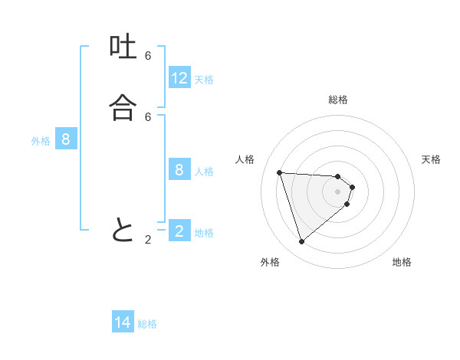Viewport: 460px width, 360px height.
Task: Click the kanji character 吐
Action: (x=123, y=49)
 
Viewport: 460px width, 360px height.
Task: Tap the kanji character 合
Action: (x=123, y=109)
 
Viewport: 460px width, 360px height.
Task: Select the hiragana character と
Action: (x=123, y=230)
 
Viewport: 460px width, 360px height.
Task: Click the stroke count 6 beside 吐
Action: (x=148, y=56)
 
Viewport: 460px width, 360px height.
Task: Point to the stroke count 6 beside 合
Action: (x=148, y=116)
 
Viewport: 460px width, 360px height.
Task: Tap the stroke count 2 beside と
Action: (x=148, y=240)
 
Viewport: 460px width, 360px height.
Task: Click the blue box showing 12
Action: (x=179, y=78)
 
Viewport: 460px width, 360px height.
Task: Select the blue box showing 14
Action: (x=123, y=323)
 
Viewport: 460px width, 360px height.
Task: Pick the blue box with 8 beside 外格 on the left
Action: (x=66, y=139)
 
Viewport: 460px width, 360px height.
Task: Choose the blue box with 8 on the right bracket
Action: (x=179, y=170)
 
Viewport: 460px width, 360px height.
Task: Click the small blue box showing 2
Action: (x=179, y=231)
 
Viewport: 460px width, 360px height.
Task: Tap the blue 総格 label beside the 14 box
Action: (x=147, y=324)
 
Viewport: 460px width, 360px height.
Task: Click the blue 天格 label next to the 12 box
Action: (x=204, y=80)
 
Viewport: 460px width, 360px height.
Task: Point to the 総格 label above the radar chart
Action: (x=338, y=100)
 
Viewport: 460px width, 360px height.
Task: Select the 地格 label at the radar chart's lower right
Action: (x=402, y=262)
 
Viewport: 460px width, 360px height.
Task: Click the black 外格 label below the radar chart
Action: (x=270, y=262)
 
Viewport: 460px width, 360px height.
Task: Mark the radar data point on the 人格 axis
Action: (x=279, y=172)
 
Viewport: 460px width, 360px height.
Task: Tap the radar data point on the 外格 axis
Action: (x=301, y=242)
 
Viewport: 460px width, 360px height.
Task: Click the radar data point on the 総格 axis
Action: (x=338, y=176)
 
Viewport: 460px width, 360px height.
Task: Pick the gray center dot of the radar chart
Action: (x=338, y=202)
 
